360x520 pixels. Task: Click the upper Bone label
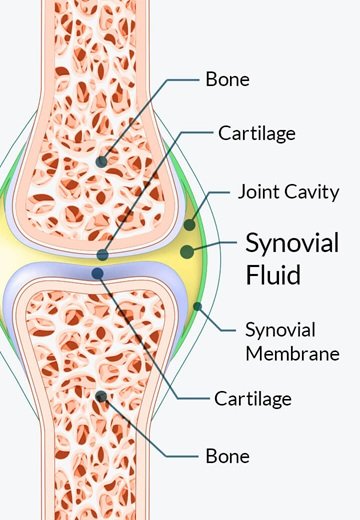point(229,78)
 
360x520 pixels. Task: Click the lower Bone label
point(229,456)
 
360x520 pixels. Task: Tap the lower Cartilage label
point(252,399)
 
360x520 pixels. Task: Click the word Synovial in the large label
point(293,243)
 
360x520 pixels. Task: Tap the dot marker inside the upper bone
point(101,160)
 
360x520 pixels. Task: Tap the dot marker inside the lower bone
point(101,396)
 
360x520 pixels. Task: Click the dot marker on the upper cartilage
point(101,256)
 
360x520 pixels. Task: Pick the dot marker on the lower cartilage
point(97,273)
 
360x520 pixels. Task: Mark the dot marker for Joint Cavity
point(189,224)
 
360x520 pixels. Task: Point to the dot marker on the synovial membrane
point(197,305)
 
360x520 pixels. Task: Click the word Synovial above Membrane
point(281,329)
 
